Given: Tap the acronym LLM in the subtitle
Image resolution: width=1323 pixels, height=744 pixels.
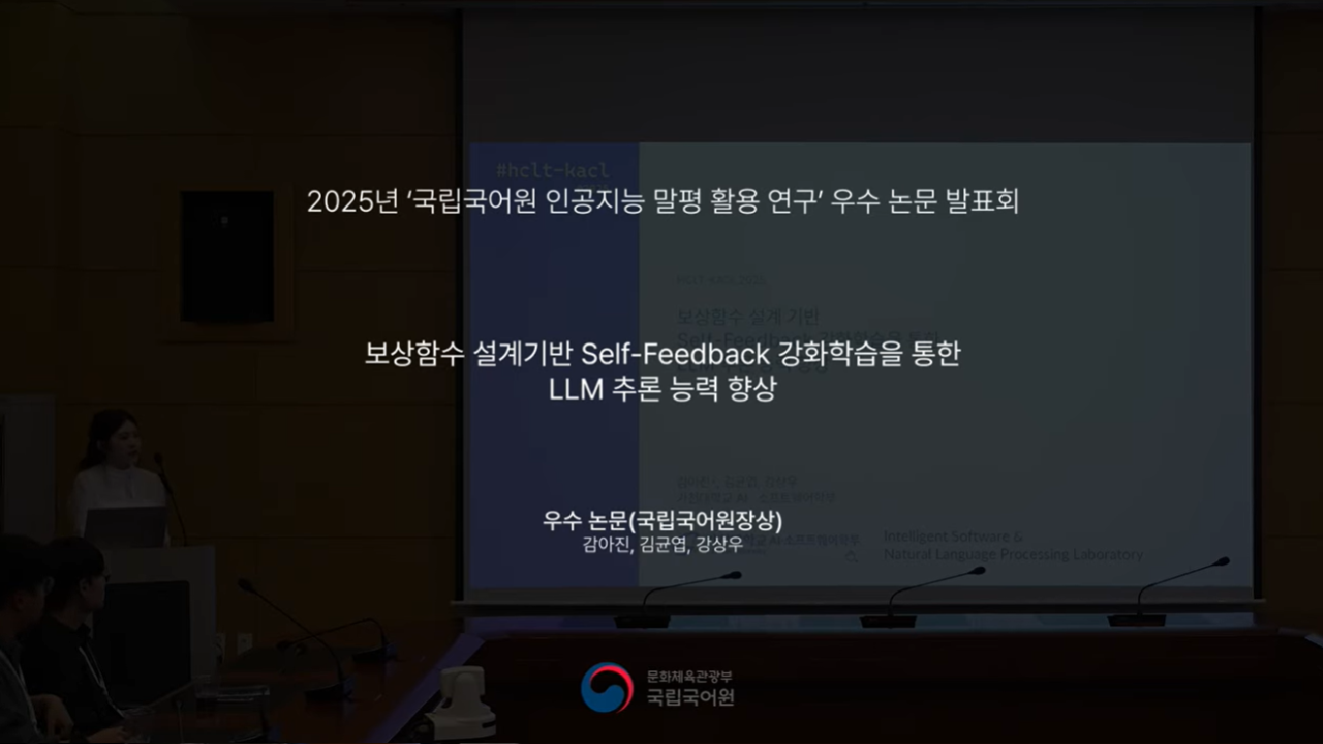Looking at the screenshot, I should (x=576, y=389).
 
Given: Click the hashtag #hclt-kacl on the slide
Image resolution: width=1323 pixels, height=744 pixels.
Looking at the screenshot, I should (x=553, y=171).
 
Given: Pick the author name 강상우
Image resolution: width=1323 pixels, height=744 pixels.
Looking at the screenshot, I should (x=719, y=545).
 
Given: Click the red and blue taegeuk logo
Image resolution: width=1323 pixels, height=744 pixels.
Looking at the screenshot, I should (x=607, y=688).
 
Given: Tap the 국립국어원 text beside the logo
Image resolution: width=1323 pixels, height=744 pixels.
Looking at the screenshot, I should (x=691, y=696).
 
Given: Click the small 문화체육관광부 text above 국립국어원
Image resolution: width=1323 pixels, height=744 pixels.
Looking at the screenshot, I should (x=690, y=676).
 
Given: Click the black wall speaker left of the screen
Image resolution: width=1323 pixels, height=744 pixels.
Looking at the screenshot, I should (x=227, y=257).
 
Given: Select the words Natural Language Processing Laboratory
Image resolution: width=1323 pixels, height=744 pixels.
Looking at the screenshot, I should (x=1013, y=554).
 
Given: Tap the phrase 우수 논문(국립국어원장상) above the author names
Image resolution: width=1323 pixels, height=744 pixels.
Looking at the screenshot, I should (x=661, y=520).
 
